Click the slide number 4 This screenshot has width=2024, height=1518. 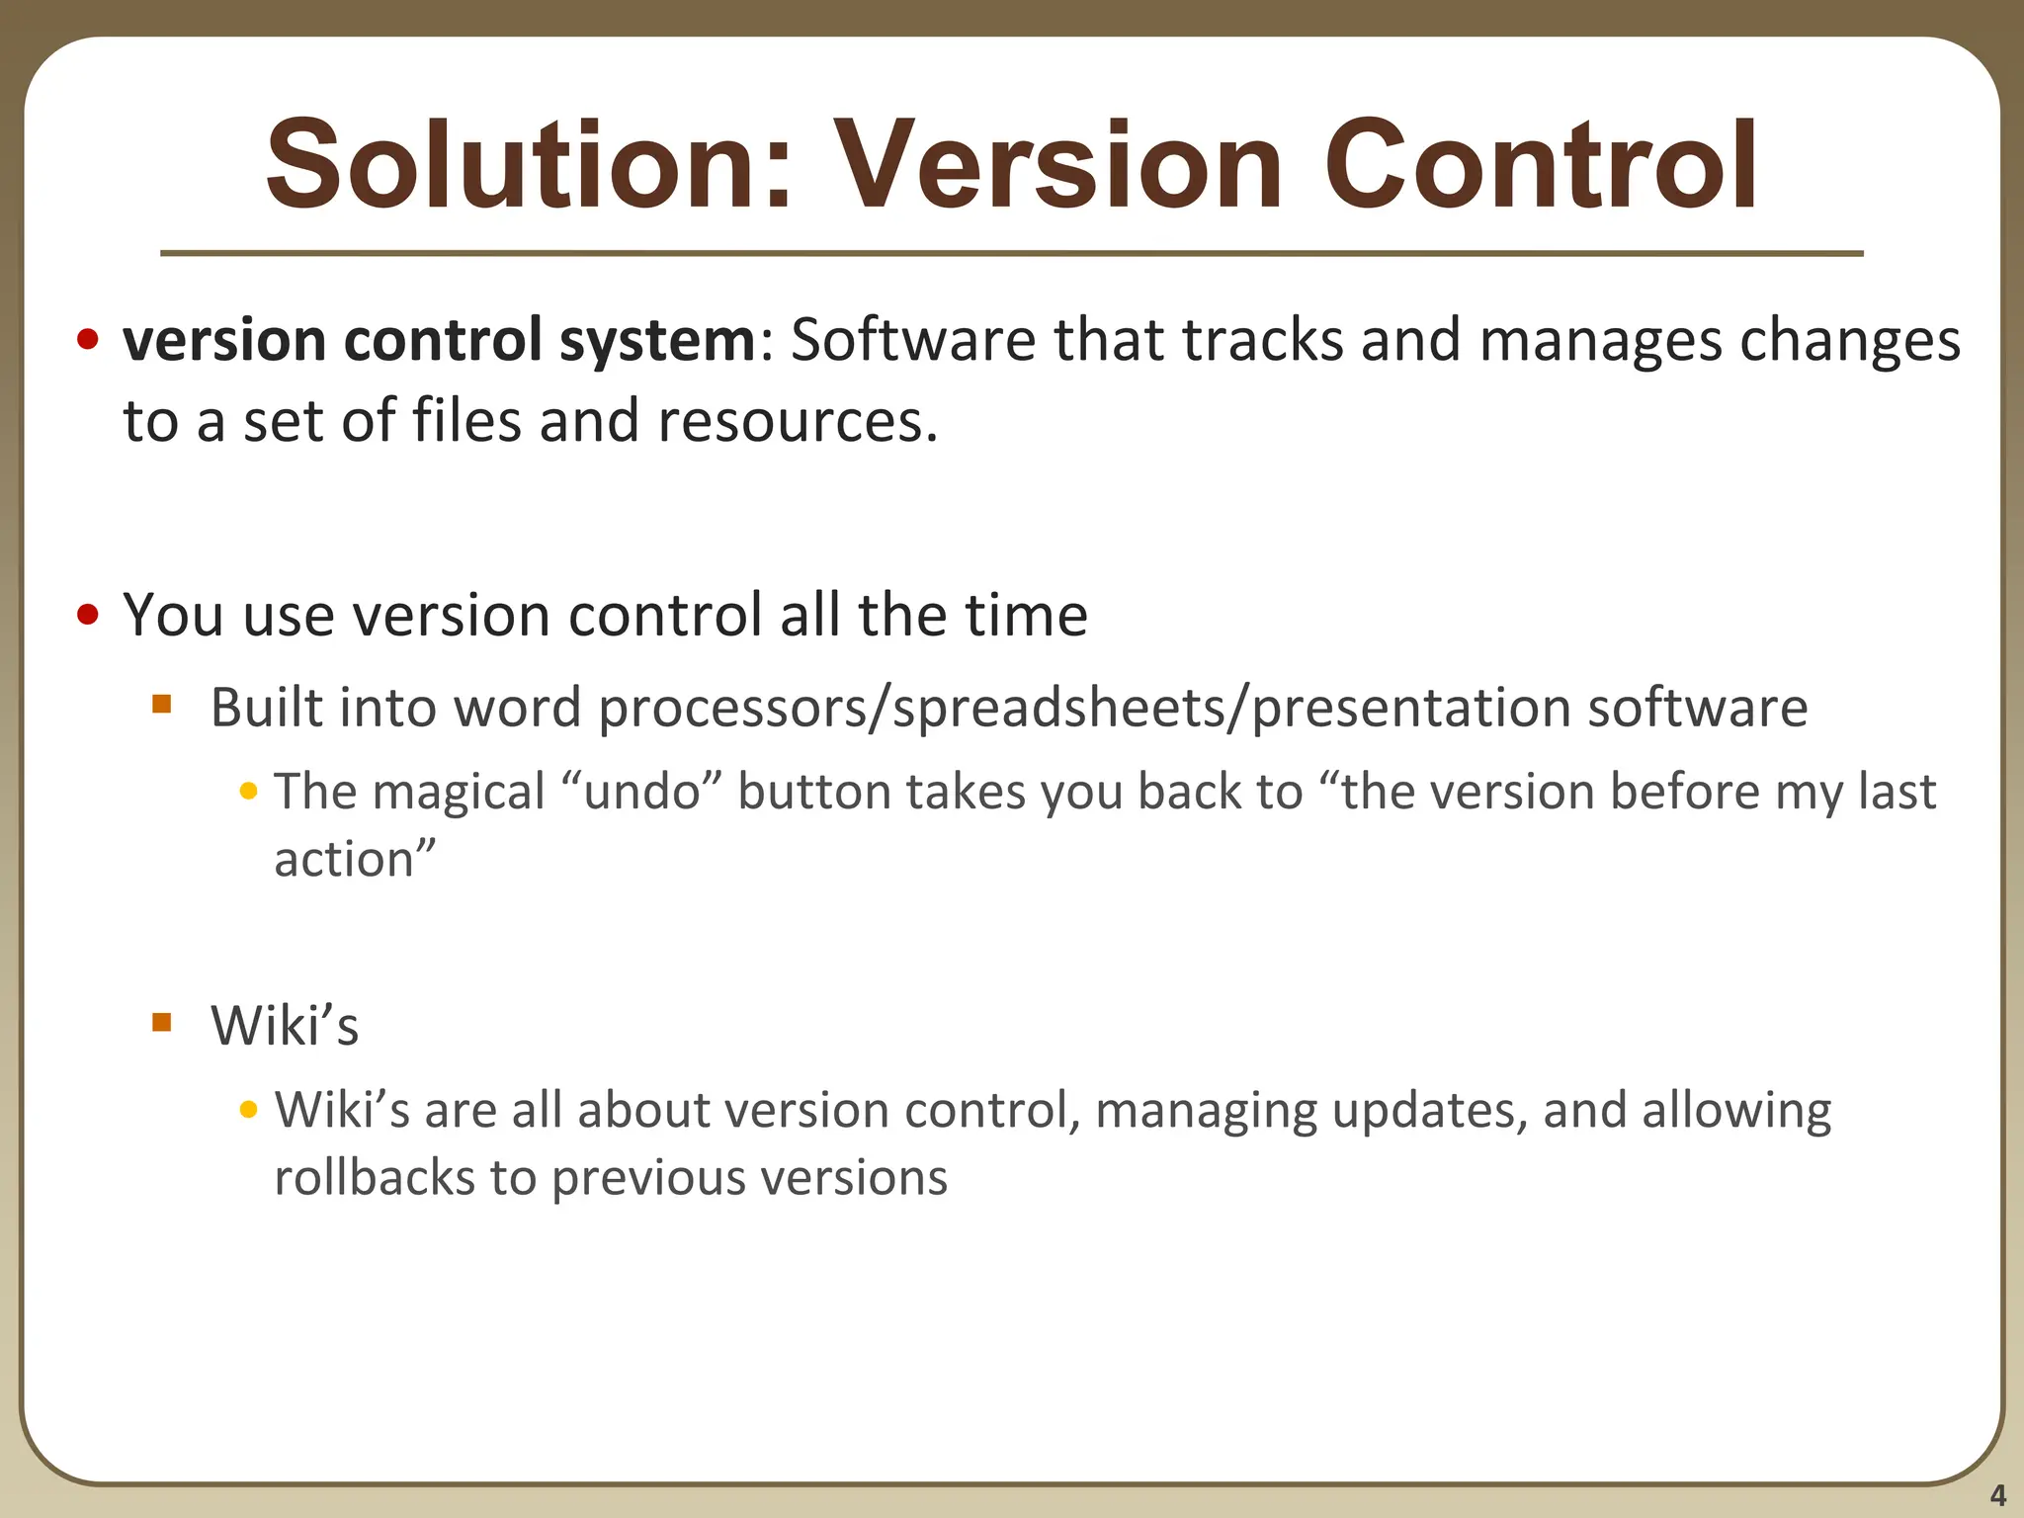pos(1997,1495)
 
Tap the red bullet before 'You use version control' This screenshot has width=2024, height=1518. pos(88,616)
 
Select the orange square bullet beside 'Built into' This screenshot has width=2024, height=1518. pos(162,705)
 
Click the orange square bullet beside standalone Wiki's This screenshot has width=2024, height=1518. pos(162,1022)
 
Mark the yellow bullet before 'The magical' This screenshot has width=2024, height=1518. pos(249,792)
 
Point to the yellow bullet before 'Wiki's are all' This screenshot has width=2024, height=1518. pos(249,1110)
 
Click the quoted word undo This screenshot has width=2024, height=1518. pos(642,793)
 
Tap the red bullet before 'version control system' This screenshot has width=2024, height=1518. pos(88,341)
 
